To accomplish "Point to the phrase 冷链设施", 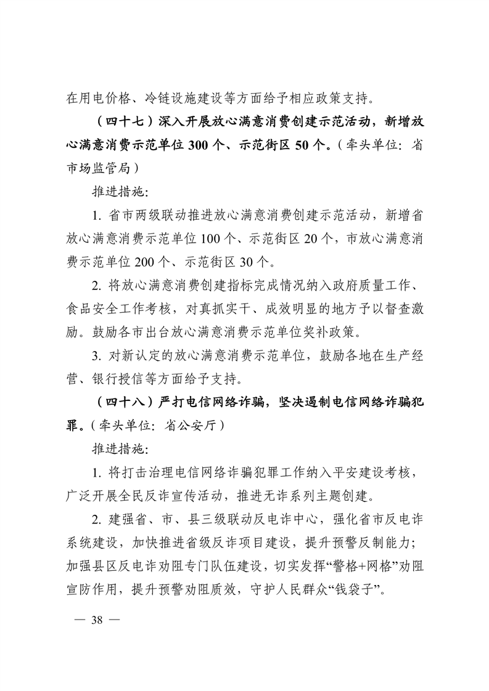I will coord(166,97).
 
